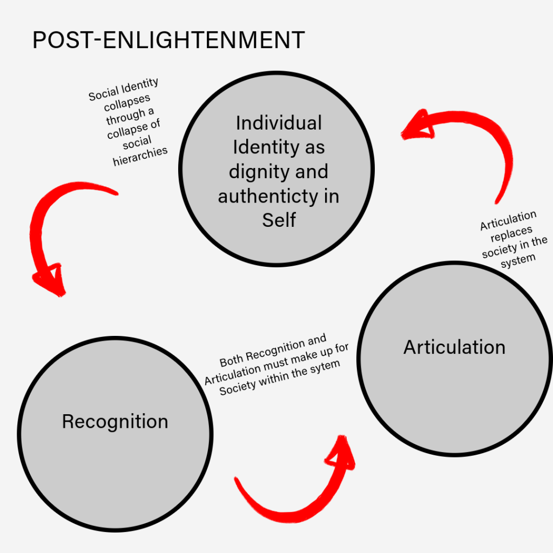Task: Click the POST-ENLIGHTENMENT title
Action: click(x=168, y=41)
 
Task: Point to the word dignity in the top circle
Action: click(x=252, y=172)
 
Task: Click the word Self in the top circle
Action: click(x=279, y=220)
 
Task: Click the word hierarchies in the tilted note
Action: click(x=141, y=156)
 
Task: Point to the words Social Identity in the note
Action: click(x=124, y=90)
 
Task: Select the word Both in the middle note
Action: click(x=232, y=360)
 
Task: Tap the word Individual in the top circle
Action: click(x=279, y=123)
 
